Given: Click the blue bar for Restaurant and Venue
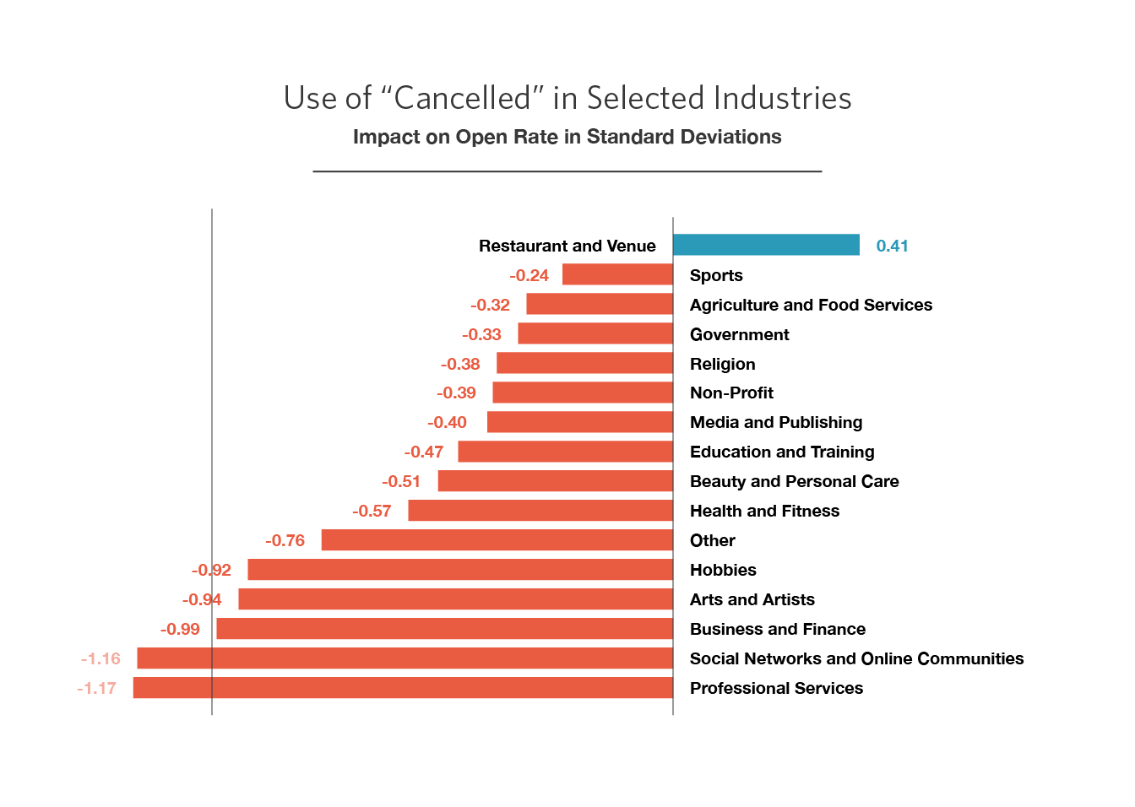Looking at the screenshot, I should [766, 245].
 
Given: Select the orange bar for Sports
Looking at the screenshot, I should [617, 274].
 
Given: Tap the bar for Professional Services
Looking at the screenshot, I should [403, 688].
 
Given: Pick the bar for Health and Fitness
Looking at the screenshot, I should [540, 511].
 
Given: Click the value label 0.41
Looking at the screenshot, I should [892, 246].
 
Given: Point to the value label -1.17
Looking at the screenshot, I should [96, 688].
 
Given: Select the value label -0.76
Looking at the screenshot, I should [285, 540].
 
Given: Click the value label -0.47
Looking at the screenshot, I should [424, 452].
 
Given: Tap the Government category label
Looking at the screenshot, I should [739, 334].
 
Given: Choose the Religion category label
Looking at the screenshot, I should [722, 364].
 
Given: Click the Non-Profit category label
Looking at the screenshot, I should [731, 393].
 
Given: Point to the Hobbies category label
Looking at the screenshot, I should [723, 570].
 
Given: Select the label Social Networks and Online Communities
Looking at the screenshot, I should [856, 658].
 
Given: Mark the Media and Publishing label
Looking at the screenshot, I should [776, 422].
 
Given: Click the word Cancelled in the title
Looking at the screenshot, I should [463, 98].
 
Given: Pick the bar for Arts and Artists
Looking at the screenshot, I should [455, 599].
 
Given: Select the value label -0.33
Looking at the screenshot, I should [481, 334].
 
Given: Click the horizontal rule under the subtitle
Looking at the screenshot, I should [567, 171].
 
